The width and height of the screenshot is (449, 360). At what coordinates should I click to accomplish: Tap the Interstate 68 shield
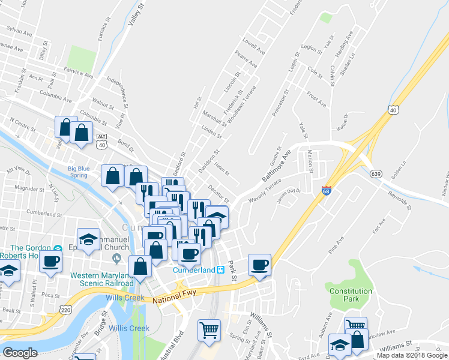(327, 190)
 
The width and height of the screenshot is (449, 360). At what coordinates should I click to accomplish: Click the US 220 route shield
(65, 308)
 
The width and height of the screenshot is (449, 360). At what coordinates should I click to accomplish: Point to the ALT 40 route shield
(101, 140)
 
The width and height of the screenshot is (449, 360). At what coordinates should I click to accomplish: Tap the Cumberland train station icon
(220, 270)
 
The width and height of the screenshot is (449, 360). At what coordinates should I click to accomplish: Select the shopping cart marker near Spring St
(209, 329)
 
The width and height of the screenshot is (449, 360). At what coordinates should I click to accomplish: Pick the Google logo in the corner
(20, 353)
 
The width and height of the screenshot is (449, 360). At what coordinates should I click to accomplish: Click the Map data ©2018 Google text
(412, 355)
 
